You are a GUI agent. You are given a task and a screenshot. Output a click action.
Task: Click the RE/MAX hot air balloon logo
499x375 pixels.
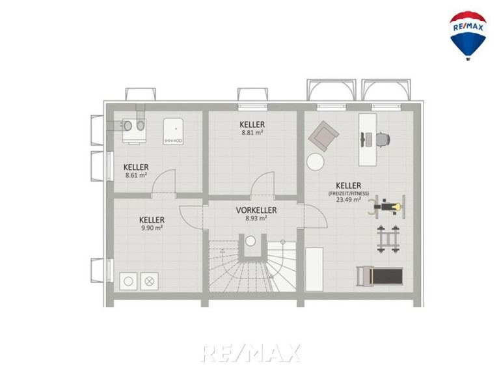(x=468, y=35)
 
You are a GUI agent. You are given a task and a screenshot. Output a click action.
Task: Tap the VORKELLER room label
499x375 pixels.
(x=256, y=210)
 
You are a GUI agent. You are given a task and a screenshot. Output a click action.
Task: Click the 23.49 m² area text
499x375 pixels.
(x=349, y=200)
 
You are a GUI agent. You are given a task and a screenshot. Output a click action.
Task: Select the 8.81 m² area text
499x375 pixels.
(x=252, y=132)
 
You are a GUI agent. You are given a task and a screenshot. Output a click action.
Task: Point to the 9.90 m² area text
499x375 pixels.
(x=152, y=228)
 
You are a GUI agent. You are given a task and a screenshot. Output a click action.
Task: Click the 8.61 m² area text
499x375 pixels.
(x=136, y=174)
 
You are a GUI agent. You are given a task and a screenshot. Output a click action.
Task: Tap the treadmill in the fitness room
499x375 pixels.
(x=379, y=276)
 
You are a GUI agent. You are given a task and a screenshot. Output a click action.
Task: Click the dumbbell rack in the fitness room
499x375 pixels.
(x=388, y=239)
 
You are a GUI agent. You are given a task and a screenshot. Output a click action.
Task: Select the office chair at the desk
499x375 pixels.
(x=383, y=139)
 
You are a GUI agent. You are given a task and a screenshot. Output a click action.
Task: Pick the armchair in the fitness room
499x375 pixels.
(x=323, y=136)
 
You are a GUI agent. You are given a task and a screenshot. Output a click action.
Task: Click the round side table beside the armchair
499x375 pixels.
(x=316, y=161)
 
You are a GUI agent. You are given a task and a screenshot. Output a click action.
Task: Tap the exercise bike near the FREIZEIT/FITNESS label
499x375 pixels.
(x=387, y=207)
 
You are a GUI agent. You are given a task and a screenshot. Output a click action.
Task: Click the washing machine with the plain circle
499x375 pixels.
(x=128, y=281)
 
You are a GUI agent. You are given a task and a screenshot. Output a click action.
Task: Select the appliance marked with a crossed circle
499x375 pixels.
(x=150, y=281)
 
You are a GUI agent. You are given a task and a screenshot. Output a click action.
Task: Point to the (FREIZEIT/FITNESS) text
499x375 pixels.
(x=349, y=193)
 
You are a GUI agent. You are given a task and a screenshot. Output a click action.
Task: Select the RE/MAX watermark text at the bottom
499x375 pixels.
(x=250, y=353)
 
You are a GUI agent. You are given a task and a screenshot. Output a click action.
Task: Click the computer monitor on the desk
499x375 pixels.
(x=363, y=140)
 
